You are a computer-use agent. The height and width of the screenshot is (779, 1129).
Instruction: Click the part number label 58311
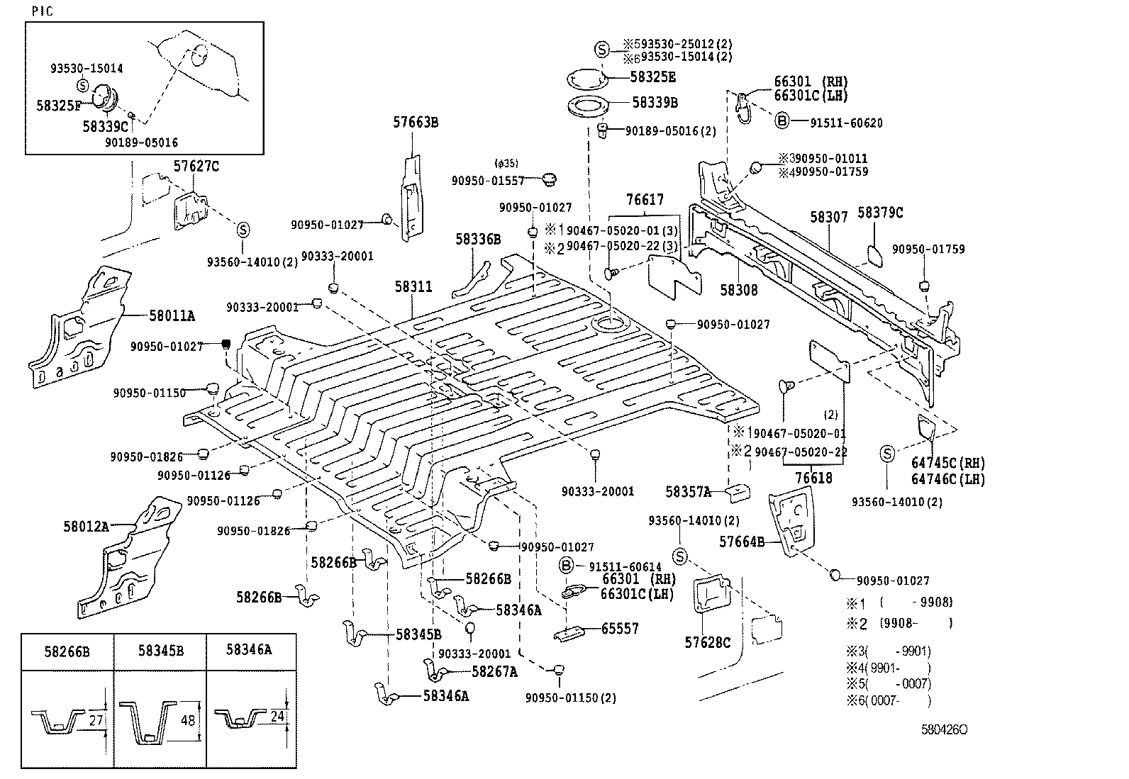[x=413, y=288]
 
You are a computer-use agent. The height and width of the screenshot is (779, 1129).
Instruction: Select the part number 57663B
[x=416, y=123]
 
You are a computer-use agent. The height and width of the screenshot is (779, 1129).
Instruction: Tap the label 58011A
[x=172, y=315]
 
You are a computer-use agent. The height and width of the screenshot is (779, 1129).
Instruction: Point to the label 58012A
[x=86, y=526]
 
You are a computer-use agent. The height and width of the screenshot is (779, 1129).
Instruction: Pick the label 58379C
[x=880, y=213]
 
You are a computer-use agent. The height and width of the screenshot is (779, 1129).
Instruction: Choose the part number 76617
[x=645, y=201]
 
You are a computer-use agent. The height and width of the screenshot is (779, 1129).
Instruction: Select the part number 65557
[x=620, y=628]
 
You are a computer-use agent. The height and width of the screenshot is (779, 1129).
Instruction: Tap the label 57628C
[x=707, y=642]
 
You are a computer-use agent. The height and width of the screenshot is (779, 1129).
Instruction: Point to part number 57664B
[x=741, y=542]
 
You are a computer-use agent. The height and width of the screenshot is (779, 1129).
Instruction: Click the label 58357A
[x=688, y=491]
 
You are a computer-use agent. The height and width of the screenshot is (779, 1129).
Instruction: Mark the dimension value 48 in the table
[x=188, y=720]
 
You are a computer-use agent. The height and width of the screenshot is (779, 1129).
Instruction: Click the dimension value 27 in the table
[x=97, y=720]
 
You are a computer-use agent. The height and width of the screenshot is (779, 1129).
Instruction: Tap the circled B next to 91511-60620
[x=781, y=121]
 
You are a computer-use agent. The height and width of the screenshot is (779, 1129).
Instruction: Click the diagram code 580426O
[x=945, y=729]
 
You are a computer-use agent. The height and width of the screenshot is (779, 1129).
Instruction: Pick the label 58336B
[x=478, y=240]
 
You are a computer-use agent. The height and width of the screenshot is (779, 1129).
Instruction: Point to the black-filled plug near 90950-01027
[x=226, y=344]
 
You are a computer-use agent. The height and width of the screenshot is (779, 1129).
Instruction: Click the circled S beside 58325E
[x=601, y=50]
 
